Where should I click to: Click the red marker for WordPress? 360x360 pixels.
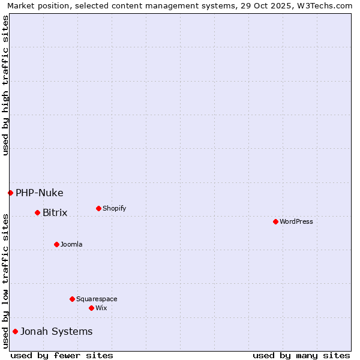[x=275, y=221]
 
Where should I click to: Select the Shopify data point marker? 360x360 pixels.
[x=98, y=208]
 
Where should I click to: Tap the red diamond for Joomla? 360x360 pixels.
[x=56, y=244]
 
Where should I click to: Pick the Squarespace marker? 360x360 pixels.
[x=72, y=299]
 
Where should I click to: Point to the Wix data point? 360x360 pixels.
[x=91, y=308]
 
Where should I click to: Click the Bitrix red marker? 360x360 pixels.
[x=37, y=212]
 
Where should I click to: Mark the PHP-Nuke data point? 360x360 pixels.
[x=10, y=193]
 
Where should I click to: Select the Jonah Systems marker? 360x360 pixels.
[x=15, y=331]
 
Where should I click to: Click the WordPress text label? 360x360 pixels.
[x=296, y=221]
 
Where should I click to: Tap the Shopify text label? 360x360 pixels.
[x=115, y=208]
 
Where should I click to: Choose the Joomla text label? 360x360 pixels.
[x=71, y=244]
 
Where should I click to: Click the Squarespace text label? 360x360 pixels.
[x=97, y=299]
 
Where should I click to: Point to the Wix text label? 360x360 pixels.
[x=101, y=308]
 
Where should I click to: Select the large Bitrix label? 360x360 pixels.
[x=55, y=212]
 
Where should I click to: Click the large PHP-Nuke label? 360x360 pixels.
[x=40, y=193]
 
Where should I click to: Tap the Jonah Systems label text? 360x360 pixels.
[x=57, y=331]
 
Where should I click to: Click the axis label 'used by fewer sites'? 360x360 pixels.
[x=62, y=355]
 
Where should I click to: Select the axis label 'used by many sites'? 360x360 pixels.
[x=301, y=355]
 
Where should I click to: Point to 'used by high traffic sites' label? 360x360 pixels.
[x=5, y=85]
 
